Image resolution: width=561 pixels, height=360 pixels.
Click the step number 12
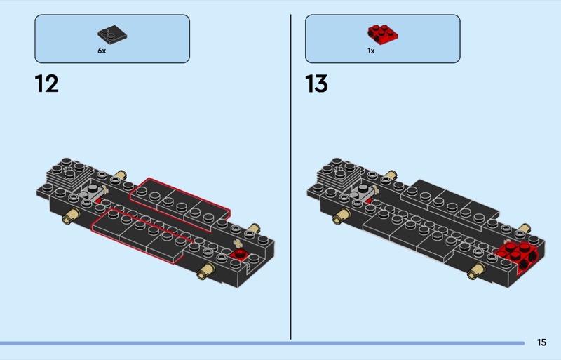pos(47,84)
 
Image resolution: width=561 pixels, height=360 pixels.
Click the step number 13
pos(317,84)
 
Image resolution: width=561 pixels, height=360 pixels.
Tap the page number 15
pos(541,342)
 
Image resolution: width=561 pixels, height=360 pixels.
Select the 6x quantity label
pos(102,51)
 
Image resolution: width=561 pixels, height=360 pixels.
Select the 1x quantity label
pos(371,51)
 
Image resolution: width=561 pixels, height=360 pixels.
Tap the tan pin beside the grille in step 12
pos(121,175)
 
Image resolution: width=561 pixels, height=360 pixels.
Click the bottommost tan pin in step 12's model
pos(205,272)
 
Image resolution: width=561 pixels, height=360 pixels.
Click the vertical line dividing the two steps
pos(291,175)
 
